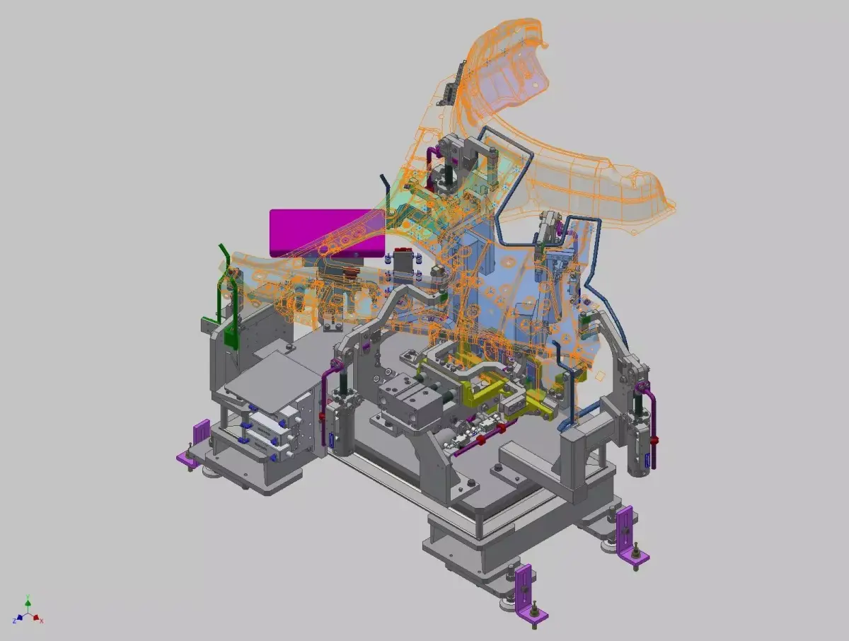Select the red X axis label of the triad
(42, 620)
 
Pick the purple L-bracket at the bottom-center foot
(524, 587)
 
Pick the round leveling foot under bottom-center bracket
(508, 604)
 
